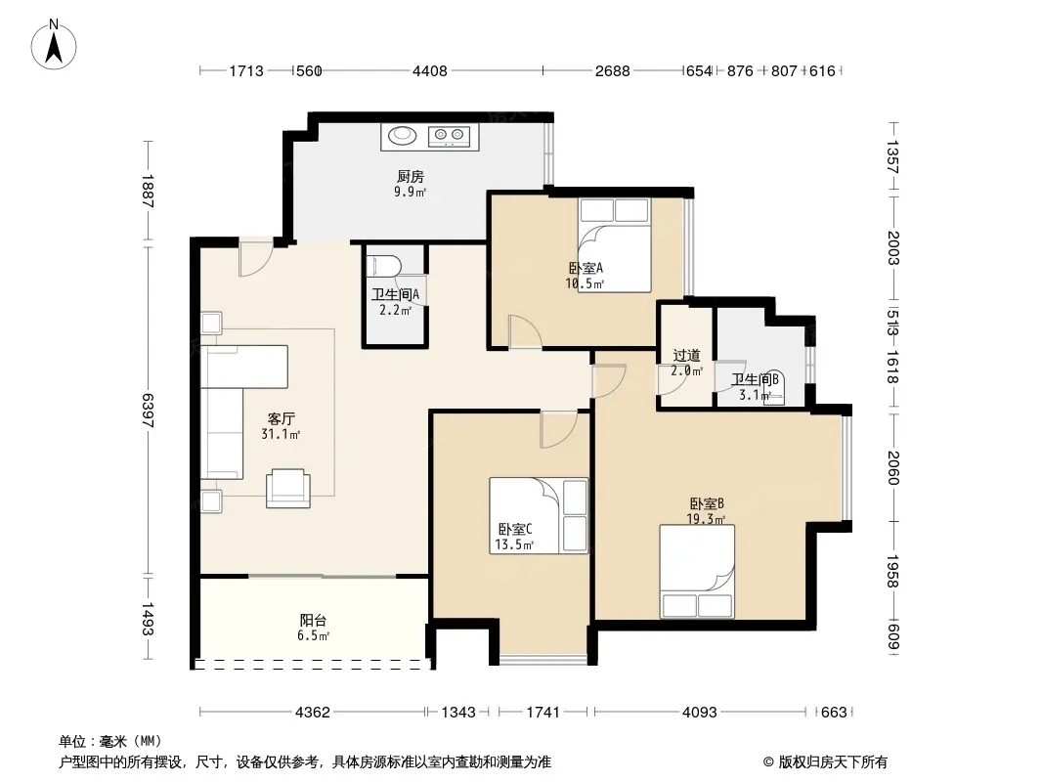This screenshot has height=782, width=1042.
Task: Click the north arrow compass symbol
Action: pyautogui.click(x=54, y=45)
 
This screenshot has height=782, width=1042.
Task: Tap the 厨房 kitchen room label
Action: pyautogui.click(x=410, y=177)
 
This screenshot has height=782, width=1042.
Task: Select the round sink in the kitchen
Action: pyautogui.click(x=402, y=135)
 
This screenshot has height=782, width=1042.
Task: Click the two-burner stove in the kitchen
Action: pyautogui.click(x=449, y=136)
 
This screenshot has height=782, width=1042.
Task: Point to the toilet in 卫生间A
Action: pyautogui.click(x=383, y=266)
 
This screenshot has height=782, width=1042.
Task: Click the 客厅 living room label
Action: pyautogui.click(x=282, y=419)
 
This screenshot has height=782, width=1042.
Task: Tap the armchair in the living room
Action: pyautogui.click(x=288, y=489)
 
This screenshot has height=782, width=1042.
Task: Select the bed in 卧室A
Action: pyautogui.click(x=614, y=245)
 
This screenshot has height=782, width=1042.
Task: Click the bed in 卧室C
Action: pyautogui.click(x=539, y=515)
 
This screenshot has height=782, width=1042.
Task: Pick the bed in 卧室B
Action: pyautogui.click(x=697, y=572)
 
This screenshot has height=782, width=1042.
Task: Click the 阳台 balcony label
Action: pyautogui.click(x=313, y=621)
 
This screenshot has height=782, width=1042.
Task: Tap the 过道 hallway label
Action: pyautogui.click(x=686, y=356)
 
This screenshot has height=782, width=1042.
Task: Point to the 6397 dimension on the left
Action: pyautogui.click(x=148, y=411)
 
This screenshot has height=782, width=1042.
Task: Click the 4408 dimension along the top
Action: pyautogui.click(x=430, y=70)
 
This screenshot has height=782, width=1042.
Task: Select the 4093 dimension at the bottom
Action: pyautogui.click(x=700, y=713)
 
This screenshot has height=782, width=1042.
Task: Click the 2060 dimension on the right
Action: pyautogui.click(x=893, y=468)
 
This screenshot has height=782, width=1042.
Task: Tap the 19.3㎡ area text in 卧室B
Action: pyautogui.click(x=706, y=519)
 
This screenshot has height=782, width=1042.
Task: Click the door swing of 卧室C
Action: pyautogui.click(x=559, y=430)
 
